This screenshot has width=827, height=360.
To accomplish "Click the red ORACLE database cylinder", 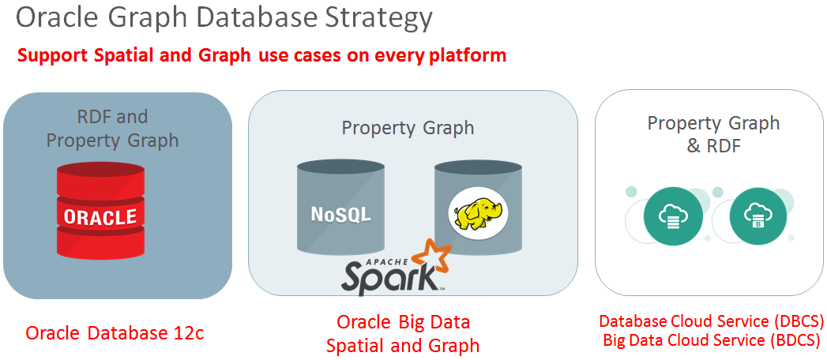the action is coord(100,211).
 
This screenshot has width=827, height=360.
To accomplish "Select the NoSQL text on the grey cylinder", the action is coord(340,214).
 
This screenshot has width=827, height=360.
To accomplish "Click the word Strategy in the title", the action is coord(370,19).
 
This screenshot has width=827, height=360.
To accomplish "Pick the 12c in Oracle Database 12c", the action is coord(187,333).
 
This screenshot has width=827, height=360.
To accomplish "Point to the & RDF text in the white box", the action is coord(713,146).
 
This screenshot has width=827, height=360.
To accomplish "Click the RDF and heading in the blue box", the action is coord(112,117).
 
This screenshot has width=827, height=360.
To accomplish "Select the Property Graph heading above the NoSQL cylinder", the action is coord(408,128).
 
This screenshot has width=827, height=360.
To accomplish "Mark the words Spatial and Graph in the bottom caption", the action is coord(403,345).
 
